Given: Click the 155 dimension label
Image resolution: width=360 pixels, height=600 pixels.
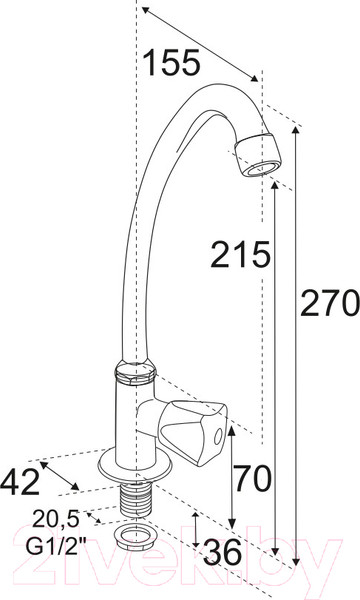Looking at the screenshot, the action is click(x=172, y=62).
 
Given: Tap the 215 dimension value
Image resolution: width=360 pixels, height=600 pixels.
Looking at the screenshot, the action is click(x=240, y=254).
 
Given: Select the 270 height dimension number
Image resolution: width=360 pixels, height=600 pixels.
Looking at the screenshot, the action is click(x=330, y=303).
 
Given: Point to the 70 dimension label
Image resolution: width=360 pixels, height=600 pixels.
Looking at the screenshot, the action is click(x=252, y=478).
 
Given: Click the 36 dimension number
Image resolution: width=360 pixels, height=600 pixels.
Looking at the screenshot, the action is click(x=222, y=552).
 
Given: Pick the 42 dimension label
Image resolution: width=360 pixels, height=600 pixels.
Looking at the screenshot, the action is click(x=19, y=481).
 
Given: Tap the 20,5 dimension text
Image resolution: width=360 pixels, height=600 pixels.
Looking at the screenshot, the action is click(x=55, y=519).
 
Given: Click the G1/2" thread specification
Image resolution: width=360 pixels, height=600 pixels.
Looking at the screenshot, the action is click(x=56, y=546).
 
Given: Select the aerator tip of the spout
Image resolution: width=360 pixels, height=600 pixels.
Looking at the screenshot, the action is click(x=257, y=155).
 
